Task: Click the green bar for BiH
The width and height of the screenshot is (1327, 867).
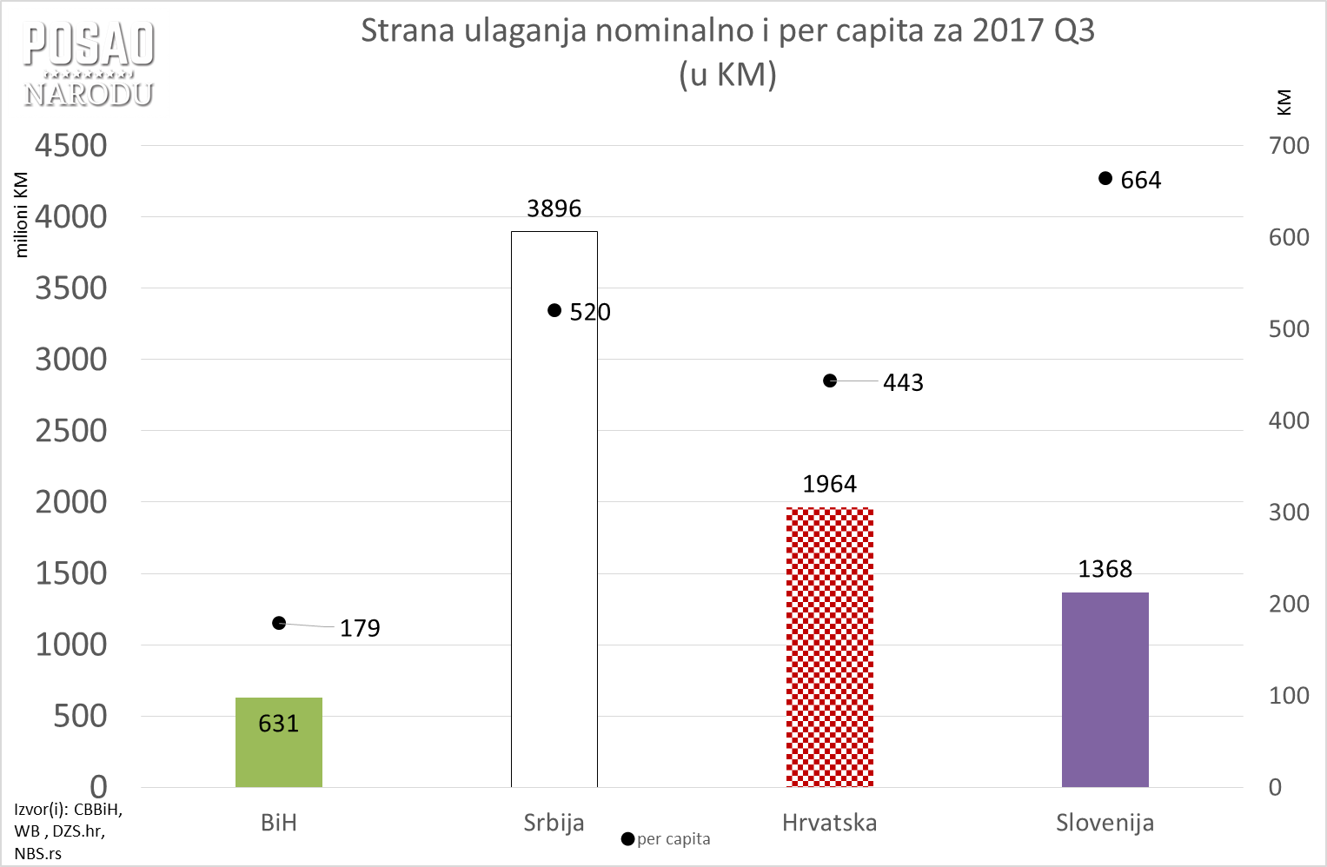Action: (x=278, y=742)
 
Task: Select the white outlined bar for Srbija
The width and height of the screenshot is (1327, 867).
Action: (x=554, y=521)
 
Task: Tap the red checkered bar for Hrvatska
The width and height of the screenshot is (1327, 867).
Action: (x=829, y=647)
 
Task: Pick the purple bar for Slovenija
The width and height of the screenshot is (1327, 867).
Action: (x=1105, y=690)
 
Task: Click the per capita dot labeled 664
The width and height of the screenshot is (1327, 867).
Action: (x=1105, y=178)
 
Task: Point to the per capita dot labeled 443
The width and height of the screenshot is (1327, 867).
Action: (x=830, y=381)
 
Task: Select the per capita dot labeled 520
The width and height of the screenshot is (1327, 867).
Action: (x=554, y=310)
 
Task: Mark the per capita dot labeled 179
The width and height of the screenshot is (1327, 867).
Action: (x=279, y=623)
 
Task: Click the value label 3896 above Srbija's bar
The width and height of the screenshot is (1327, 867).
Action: (x=554, y=208)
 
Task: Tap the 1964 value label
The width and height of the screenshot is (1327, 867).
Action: (x=829, y=484)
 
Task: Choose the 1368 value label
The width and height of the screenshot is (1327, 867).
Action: (x=1105, y=569)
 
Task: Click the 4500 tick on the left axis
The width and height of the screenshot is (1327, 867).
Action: (x=71, y=146)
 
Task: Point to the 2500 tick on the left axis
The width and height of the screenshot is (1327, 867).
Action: (x=71, y=431)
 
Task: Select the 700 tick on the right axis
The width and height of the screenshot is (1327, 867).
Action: (x=1289, y=146)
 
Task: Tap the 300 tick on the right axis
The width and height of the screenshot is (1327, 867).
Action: (x=1289, y=513)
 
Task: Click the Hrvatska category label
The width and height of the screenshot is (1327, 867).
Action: (x=829, y=823)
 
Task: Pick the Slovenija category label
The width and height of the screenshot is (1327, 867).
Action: (x=1105, y=823)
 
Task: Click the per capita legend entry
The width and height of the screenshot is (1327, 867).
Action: (x=667, y=839)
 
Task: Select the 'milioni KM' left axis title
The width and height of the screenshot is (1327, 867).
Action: (x=22, y=215)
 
